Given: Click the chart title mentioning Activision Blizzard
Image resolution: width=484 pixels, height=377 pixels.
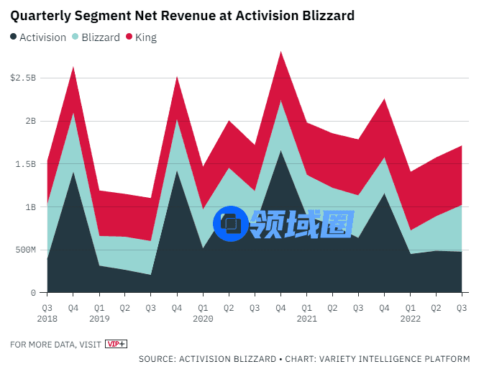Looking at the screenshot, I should [x=182, y=15].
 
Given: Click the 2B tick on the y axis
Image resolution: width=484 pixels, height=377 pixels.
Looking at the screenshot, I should [x=29, y=121].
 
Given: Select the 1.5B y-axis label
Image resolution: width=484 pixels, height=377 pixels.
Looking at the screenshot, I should [x=26, y=164].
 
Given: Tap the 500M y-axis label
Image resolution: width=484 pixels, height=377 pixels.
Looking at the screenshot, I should [x=24, y=250].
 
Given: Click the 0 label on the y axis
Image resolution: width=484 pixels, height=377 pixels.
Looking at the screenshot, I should [x=33, y=293].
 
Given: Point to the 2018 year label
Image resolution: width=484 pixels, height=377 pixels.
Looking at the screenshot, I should [x=48, y=318].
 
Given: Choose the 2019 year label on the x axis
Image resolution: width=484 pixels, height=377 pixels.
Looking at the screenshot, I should [x=100, y=318].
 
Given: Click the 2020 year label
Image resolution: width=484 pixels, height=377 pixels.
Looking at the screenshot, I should [x=204, y=318].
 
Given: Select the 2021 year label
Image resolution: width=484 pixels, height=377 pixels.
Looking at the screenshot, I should [x=307, y=318].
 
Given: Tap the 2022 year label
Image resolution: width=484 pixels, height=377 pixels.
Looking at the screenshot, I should [x=411, y=318].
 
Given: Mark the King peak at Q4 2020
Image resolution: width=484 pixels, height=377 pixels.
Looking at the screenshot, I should [x=280, y=53].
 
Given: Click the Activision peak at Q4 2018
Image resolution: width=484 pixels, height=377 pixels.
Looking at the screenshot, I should [x=73, y=172].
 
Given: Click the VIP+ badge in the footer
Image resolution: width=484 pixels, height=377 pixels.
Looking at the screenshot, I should [x=116, y=344].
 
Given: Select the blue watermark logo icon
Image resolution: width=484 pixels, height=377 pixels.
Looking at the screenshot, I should [x=231, y=224].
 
